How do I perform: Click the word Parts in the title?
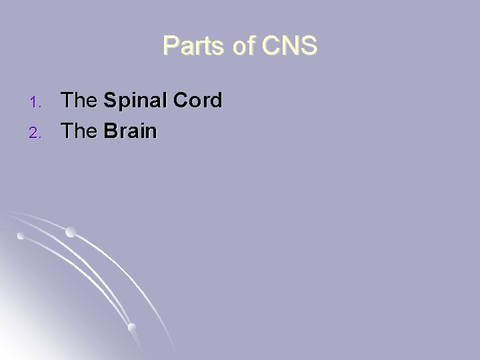(x=193, y=46)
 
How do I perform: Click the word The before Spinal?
(x=79, y=101)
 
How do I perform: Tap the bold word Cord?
(x=195, y=101)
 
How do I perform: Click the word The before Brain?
(x=79, y=131)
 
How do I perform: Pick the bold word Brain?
(x=130, y=131)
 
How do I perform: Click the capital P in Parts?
(x=170, y=46)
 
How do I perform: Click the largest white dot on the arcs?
(x=70, y=233)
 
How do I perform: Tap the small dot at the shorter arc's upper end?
(x=21, y=235)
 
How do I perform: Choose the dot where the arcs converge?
(x=131, y=327)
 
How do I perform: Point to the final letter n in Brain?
(x=151, y=132)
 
